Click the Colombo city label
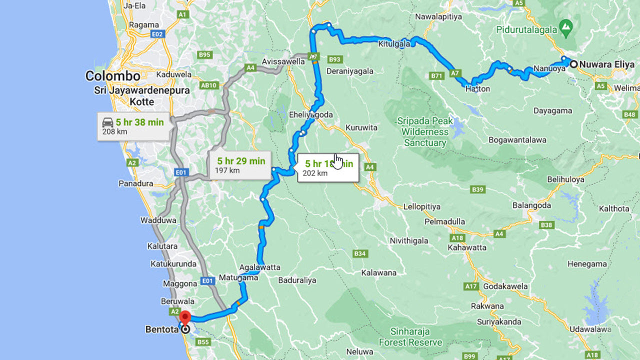pos(112,76)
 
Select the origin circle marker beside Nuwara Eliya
pos(573,64)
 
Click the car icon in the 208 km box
pos(107,122)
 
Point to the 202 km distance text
pos(315,173)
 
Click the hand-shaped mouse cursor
pos(338,161)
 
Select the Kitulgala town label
pos(394,43)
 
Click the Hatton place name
pos(477,89)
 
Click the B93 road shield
pos(334,59)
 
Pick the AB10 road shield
pos(208,85)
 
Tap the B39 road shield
pos(478,189)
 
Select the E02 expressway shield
pos(157,34)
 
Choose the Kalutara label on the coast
pos(162,246)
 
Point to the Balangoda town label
pos(531,205)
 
